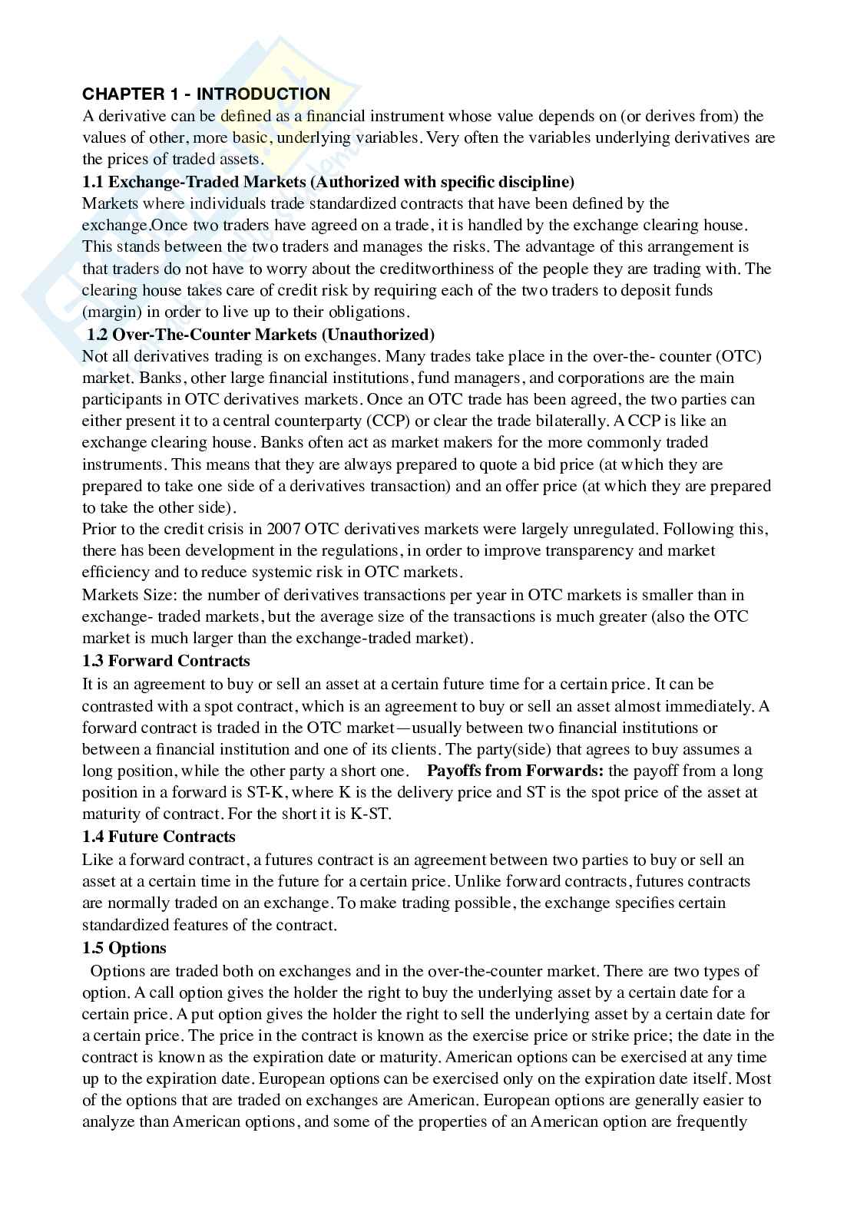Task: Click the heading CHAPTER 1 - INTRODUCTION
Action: [x=206, y=94]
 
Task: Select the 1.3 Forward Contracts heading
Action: [x=166, y=661]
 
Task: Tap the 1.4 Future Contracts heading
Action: [x=158, y=837]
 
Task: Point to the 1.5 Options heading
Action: [x=124, y=947]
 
